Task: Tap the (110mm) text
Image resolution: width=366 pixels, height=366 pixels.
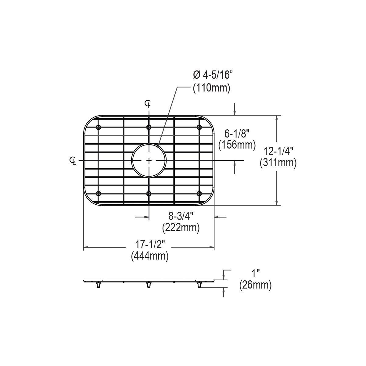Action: pyautogui.click(x=211, y=88)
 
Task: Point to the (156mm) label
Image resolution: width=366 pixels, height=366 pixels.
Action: pyautogui.click(x=237, y=145)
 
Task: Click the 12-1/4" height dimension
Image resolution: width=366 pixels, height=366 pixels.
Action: pyautogui.click(x=278, y=151)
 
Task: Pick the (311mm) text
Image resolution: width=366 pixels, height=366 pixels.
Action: pyautogui.click(x=278, y=163)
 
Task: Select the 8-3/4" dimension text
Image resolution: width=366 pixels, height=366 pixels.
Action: pyautogui.click(x=181, y=216)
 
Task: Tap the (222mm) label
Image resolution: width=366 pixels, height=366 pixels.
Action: pyautogui.click(x=181, y=228)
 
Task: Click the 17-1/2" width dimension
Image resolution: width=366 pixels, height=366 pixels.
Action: pyautogui.click(x=150, y=244)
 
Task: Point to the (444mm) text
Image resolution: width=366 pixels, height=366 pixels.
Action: pyautogui.click(x=150, y=256)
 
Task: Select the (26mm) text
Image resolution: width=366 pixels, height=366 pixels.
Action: pyautogui.click(x=255, y=285)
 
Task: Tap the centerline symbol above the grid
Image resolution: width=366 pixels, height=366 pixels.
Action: pyautogui.click(x=148, y=104)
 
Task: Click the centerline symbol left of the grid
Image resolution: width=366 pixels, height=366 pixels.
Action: pyautogui.click(x=73, y=160)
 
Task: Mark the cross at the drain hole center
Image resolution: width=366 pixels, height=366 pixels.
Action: pyautogui.click(x=149, y=160)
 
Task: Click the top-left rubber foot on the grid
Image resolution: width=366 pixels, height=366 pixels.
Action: pyautogui.click(x=98, y=127)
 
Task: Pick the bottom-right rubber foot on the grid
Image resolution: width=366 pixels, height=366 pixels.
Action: pyautogui.click(x=199, y=193)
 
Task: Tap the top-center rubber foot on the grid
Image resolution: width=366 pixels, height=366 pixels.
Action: pyautogui.click(x=149, y=127)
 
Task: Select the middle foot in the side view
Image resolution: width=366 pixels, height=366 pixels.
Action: pyautogui.click(x=149, y=285)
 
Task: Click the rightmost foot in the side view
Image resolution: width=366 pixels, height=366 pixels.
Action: pyautogui.click(x=199, y=285)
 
